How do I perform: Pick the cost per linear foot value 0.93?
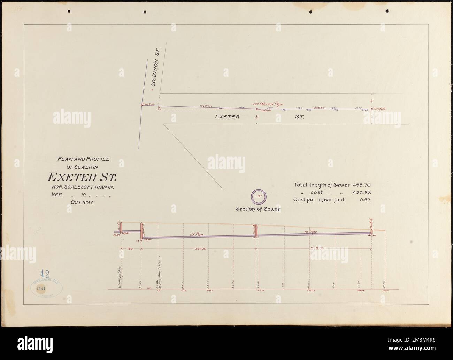pyautogui.click(x=365, y=200)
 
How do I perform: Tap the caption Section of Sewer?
pyautogui.click(x=258, y=209)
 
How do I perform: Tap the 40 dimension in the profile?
pyautogui.click(x=130, y=249)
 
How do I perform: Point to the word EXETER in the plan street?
pyautogui.click(x=227, y=117)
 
